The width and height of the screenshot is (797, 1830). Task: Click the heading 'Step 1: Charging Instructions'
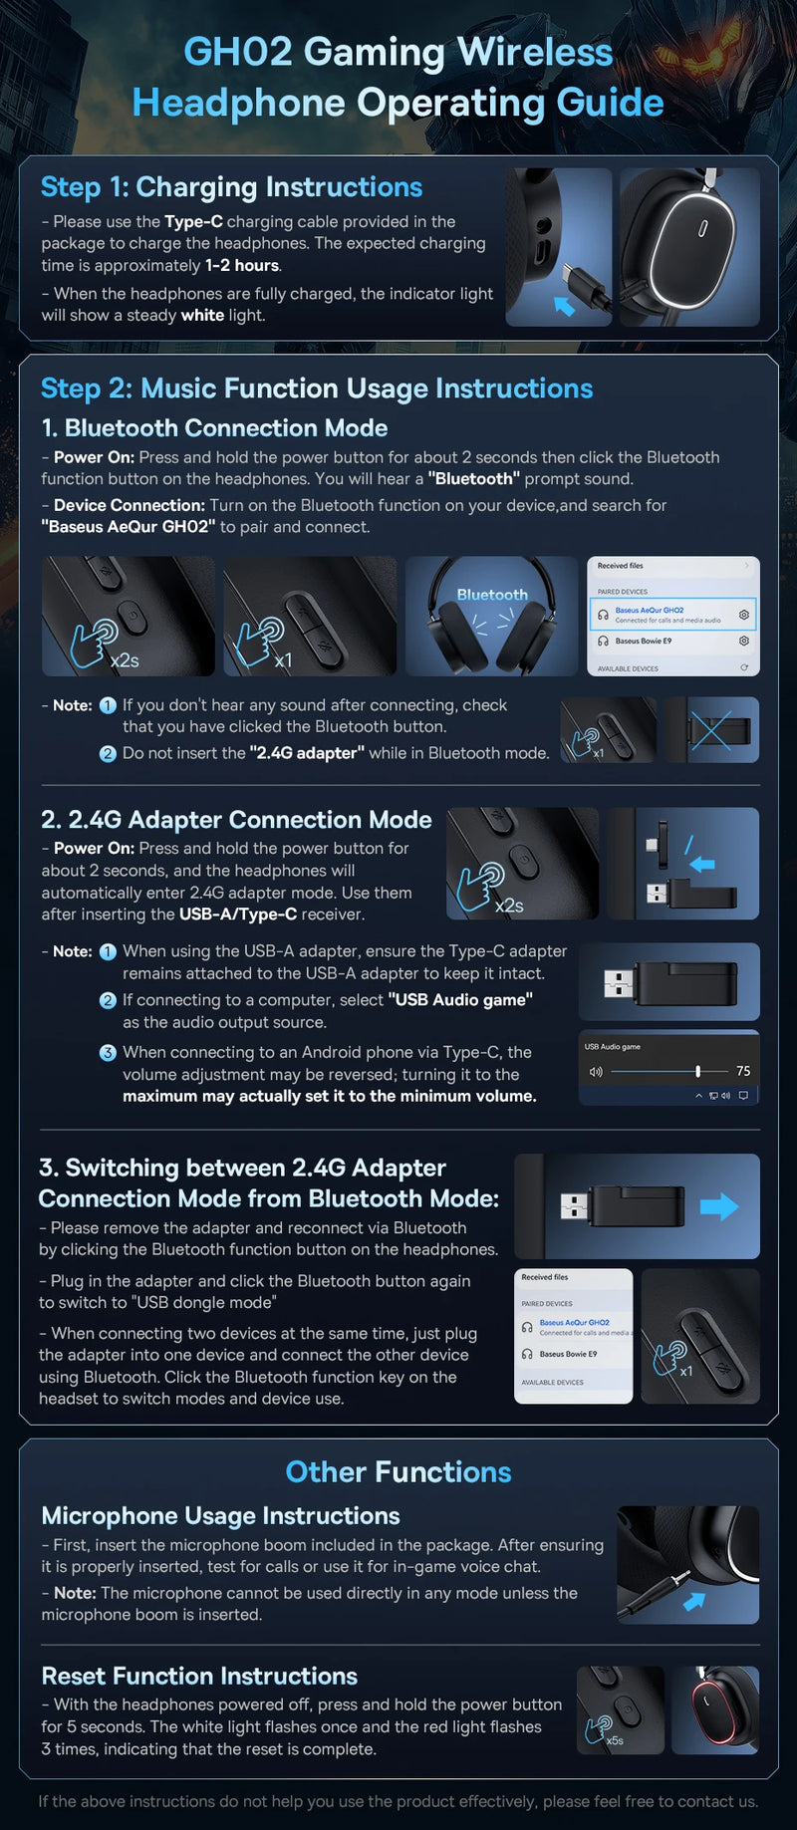point(231,187)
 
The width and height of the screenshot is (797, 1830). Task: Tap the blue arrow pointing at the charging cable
point(565,306)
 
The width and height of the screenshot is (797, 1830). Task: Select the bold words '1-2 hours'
point(242,266)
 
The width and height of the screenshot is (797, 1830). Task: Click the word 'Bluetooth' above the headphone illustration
point(492,595)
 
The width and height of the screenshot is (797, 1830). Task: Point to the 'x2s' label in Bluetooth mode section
point(125,660)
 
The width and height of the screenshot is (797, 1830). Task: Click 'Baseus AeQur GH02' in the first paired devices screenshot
point(650,610)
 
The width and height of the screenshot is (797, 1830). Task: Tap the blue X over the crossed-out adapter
point(711,730)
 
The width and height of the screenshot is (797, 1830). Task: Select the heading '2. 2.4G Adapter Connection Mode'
point(236,820)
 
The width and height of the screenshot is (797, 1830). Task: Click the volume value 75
point(743,1071)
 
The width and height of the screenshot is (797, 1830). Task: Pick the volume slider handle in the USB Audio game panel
point(697,1071)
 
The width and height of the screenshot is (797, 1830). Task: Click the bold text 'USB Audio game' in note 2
point(460,1000)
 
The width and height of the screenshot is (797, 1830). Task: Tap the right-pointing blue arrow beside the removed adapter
point(718,1206)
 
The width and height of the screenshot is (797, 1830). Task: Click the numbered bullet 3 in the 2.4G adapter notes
point(108,1053)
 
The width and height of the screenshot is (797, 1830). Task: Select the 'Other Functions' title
point(398,1472)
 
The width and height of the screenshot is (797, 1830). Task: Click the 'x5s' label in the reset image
point(615,1740)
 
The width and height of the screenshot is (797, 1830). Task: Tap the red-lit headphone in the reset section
point(716,1710)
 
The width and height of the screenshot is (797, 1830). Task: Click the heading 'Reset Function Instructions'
point(199,1676)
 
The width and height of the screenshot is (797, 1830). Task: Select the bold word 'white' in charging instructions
point(202,316)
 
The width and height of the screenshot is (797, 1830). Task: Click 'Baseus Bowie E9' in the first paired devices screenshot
point(644,642)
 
